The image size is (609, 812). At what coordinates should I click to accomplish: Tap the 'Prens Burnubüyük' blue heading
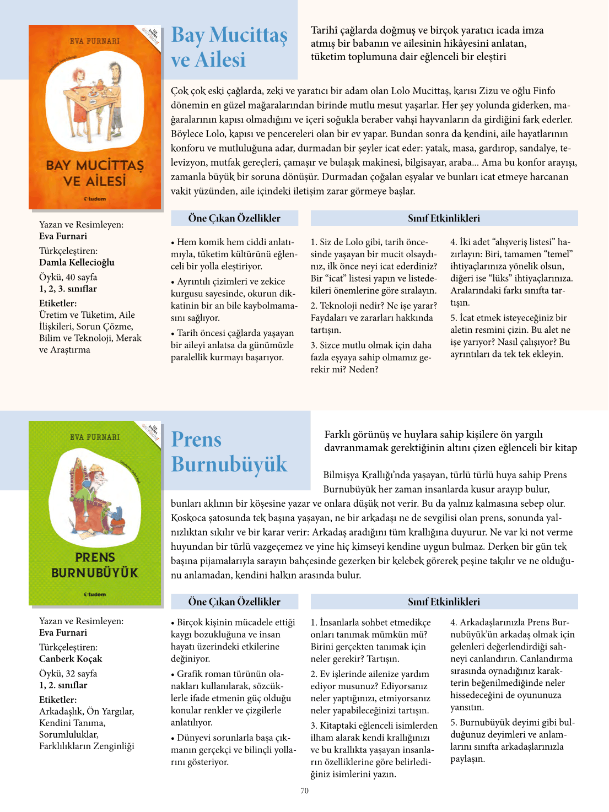click(x=229, y=452)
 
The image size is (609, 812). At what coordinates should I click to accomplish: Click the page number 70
click(x=304, y=791)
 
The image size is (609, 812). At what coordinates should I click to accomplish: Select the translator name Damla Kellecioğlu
click(x=77, y=262)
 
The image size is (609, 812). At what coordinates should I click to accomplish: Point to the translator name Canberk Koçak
click(x=71, y=658)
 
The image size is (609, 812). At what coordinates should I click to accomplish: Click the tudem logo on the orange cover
click(x=95, y=199)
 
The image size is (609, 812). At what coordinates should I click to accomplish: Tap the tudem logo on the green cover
click(x=95, y=594)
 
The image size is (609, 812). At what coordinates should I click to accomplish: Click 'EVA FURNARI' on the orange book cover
click(x=95, y=41)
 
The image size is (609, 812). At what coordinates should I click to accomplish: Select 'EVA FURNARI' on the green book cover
click(x=95, y=437)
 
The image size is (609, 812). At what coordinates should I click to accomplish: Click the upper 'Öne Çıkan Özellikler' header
click(x=234, y=218)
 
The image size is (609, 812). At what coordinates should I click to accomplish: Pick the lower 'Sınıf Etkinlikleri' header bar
click(x=444, y=602)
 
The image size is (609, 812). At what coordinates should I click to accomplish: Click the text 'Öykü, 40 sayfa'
click(x=68, y=277)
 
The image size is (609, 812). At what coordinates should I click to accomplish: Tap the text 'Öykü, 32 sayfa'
click(x=68, y=673)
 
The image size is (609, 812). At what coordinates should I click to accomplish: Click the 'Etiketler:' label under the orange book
click(x=58, y=303)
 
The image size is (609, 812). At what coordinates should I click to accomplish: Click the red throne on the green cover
click(x=94, y=510)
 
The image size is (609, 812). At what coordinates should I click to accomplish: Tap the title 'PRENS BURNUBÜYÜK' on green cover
click(x=95, y=565)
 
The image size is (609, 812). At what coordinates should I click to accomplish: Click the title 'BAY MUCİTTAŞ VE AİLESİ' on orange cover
click(x=95, y=173)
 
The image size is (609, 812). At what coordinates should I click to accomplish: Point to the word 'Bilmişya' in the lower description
click(x=341, y=475)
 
